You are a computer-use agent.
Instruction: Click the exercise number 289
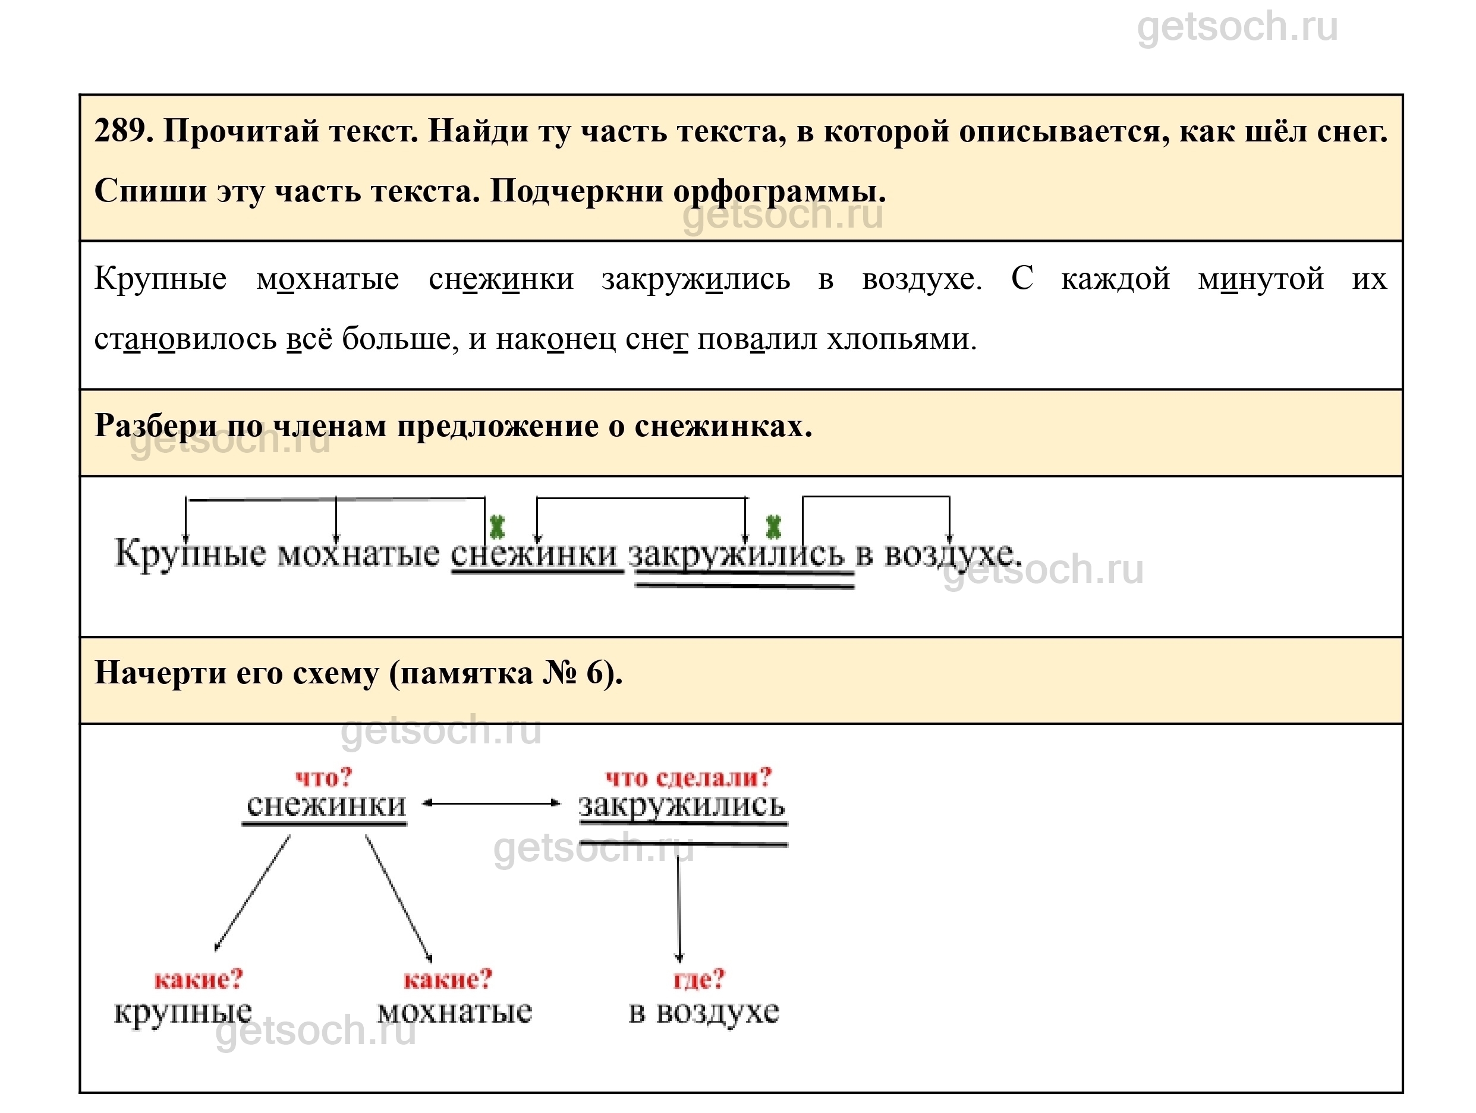tap(122, 131)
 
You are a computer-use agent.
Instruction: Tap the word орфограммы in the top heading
tap(779, 191)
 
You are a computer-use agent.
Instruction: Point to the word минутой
tap(1260, 279)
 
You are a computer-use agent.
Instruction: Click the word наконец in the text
tap(555, 339)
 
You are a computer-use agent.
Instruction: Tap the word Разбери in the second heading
tap(156, 425)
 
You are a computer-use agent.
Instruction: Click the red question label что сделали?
tap(688, 777)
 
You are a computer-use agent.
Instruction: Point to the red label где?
tap(698, 979)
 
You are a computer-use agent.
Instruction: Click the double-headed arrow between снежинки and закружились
tap(492, 803)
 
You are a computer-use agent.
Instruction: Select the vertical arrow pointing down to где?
tap(679, 907)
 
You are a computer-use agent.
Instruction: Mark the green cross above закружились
tap(773, 527)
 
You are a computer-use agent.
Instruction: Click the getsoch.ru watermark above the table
tap(1236, 28)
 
